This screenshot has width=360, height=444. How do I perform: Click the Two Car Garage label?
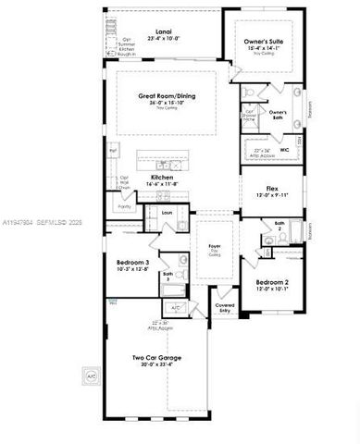[155, 358]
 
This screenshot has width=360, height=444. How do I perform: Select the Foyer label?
[214, 247]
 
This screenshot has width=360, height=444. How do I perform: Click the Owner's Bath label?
[277, 115]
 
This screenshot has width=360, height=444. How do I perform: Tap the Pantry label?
[124, 207]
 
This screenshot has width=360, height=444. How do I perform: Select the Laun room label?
[168, 214]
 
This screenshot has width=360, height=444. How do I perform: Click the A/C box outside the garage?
[91, 377]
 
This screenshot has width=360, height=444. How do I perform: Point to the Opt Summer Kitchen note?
[128, 45]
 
